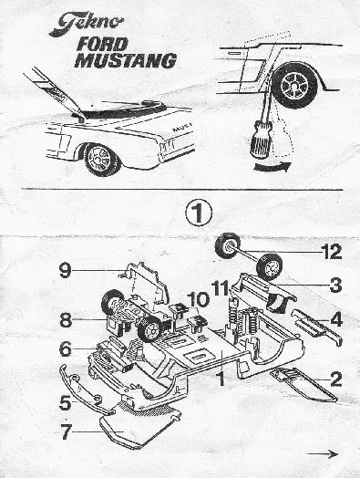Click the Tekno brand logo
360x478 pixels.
[x=87, y=24]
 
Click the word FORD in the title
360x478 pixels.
[x=102, y=45]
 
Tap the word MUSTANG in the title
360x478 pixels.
[x=126, y=60]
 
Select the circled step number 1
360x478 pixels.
[x=199, y=213]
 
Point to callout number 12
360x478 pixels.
[x=332, y=252]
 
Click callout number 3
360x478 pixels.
[x=335, y=285]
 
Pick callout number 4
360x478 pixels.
[x=336, y=320]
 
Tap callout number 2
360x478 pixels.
[x=336, y=379]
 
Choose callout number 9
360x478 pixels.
[x=66, y=270]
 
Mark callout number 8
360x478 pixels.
[x=66, y=320]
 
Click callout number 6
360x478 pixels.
[x=66, y=349]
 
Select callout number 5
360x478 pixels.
[x=66, y=403]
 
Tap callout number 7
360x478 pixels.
[x=67, y=431]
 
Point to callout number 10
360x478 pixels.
[x=199, y=299]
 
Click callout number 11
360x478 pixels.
[x=221, y=287]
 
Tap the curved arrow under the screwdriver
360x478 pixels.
[x=272, y=167]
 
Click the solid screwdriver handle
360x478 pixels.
[x=260, y=139]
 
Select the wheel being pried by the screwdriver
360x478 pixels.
[x=294, y=86]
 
